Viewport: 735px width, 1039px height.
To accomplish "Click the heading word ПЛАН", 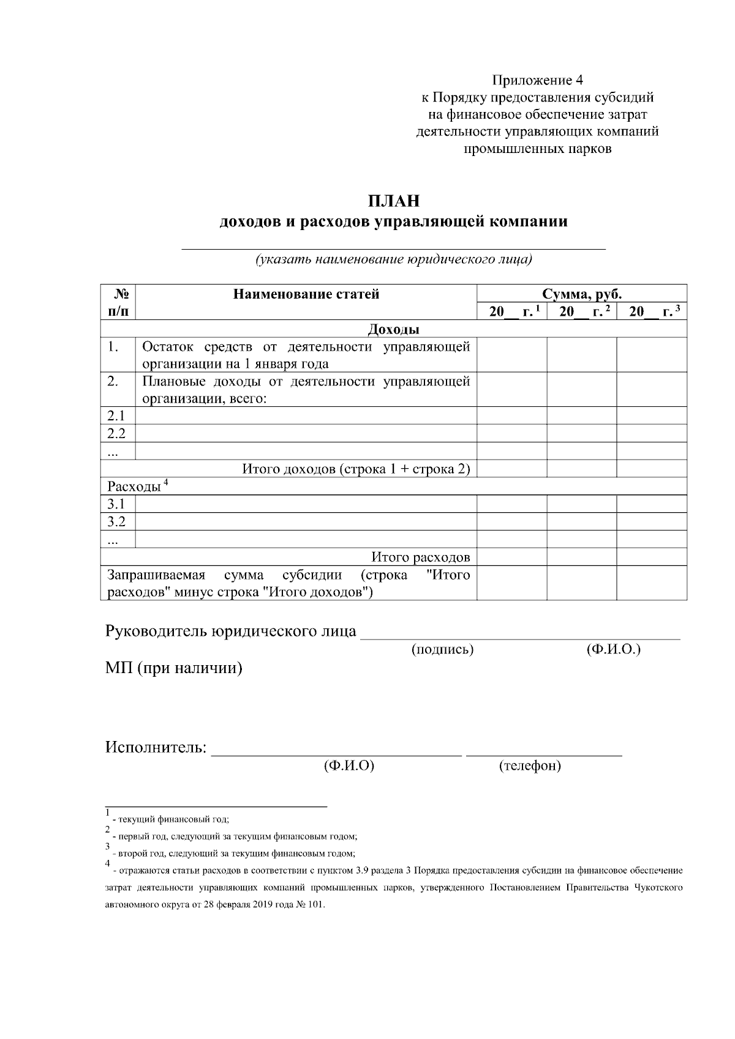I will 394,201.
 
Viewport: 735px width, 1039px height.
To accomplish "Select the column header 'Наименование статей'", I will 306,294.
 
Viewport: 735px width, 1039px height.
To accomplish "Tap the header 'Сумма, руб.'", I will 581,294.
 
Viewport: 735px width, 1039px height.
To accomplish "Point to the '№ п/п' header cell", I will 117,302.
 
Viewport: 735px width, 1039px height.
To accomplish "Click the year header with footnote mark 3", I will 651,311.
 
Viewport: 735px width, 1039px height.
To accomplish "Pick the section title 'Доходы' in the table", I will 393,329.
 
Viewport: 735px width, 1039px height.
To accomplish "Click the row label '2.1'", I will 116,416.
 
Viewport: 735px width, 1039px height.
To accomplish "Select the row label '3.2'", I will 116,522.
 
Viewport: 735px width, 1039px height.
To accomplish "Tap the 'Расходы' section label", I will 134,487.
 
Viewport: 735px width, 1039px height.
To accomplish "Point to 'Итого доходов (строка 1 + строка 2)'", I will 356,469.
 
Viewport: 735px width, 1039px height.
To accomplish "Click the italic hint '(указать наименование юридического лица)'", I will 394,259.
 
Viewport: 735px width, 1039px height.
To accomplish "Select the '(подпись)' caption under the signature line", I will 442,650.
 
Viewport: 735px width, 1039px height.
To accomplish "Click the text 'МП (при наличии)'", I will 174,668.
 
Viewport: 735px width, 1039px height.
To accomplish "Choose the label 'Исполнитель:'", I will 156,748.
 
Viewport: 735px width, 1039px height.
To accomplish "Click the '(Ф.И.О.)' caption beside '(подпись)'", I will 613,650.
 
